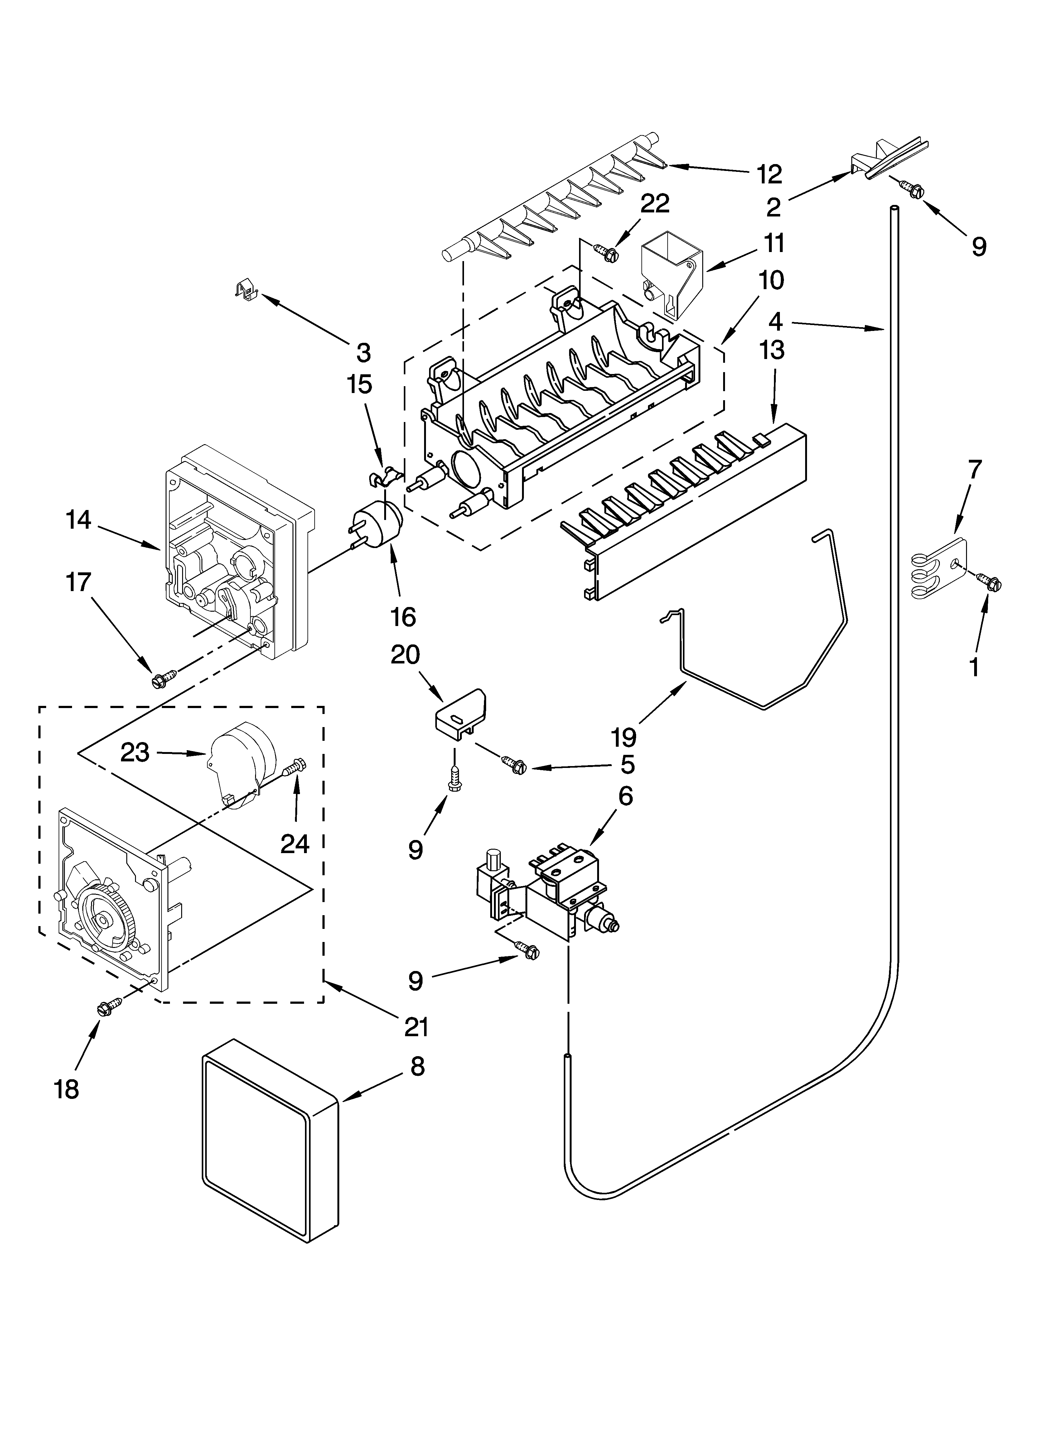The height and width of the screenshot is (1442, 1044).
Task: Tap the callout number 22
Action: pos(655,203)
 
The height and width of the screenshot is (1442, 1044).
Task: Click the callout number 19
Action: pos(624,737)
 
